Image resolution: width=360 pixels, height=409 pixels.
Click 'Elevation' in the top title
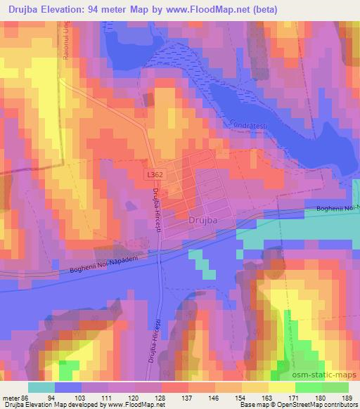coord(75,10)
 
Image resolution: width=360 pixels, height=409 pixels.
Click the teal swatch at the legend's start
coord(41,387)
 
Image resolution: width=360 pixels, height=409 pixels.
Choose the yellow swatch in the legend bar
coord(281,387)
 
